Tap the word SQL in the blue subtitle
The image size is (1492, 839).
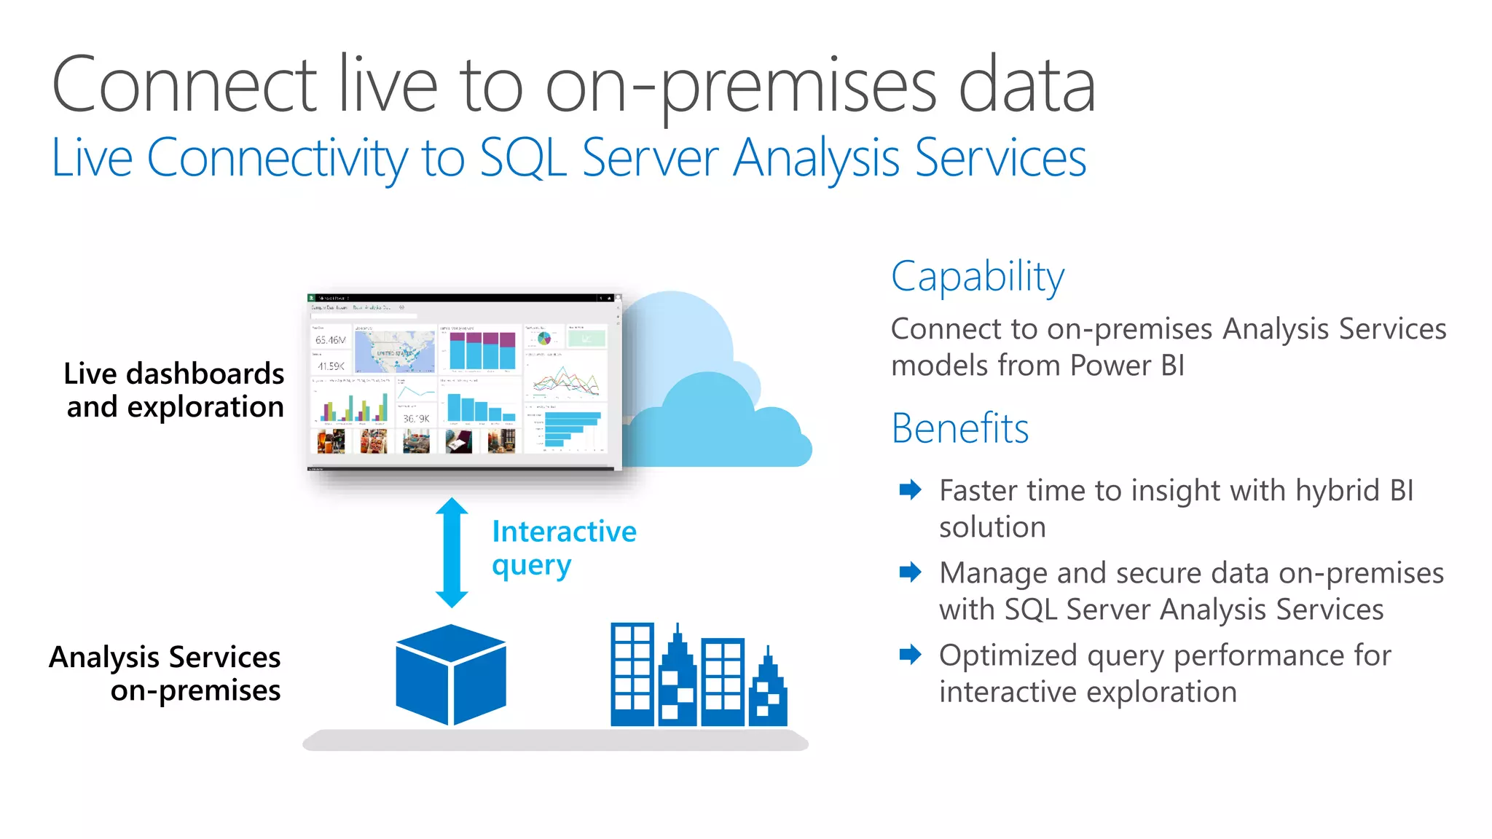[x=523, y=158]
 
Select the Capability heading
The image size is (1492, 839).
[x=977, y=277]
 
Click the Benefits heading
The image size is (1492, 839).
[x=959, y=428]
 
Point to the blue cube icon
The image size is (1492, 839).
[x=451, y=675]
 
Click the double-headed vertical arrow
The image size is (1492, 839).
[x=452, y=553]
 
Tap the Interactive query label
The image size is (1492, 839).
[x=563, y=548]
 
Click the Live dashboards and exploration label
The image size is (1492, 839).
[x=174, y=390]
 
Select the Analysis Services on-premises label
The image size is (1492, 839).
[x=165, y=673]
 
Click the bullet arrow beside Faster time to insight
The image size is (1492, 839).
[x=910, y=489]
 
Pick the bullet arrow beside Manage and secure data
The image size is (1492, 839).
[x=910, y=572]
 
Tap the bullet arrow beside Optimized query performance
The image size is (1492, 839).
[x=910, y=654]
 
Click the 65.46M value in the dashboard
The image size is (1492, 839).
[x=330, y=340]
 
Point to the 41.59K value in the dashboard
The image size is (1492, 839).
[x=330, y=366]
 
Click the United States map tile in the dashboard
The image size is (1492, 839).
[x=395, y=352]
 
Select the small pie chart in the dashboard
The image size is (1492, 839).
[x=543, y=339]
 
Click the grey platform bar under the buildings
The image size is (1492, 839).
[x=555, y=741]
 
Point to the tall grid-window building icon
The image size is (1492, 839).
[x=632, y=674]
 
